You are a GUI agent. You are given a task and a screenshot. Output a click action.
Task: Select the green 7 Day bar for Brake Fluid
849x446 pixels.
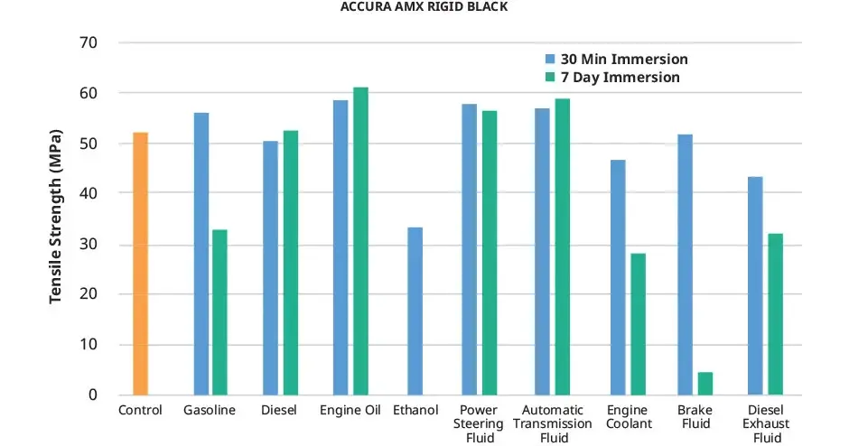coord(704,384)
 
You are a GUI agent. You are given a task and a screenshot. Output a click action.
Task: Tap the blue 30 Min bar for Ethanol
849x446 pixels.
coord(415,311)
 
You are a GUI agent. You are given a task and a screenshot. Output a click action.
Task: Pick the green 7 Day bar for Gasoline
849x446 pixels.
coord(219,312)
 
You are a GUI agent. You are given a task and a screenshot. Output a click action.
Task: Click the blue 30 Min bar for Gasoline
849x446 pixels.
coord(201,254)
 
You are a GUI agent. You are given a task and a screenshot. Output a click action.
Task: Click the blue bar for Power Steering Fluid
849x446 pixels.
coord(469,249)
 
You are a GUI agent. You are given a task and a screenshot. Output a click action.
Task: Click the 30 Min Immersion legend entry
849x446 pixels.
coord(614,60)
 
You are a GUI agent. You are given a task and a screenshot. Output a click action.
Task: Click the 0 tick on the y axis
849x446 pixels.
coord(93,395)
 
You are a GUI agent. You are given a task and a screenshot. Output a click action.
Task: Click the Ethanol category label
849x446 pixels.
coord(415,411)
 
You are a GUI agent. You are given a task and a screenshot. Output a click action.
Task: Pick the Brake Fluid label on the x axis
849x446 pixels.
coord(695,417)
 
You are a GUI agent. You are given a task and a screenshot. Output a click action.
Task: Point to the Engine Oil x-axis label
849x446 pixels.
coord(350,411)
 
